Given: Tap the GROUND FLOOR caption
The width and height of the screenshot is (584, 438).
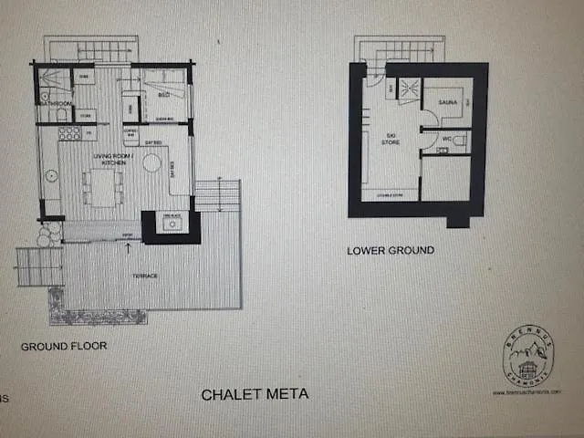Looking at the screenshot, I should click(64, 346).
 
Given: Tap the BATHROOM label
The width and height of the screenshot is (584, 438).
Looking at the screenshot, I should click(54, 104).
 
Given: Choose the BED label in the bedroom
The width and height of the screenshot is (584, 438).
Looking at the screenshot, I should click(164, 95).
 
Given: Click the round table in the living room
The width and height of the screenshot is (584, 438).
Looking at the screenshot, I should click(151, 164).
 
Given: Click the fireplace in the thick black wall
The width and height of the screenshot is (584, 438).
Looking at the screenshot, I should click(171, 224).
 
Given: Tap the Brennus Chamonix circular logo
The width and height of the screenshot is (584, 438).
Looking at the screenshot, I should click(527, 357).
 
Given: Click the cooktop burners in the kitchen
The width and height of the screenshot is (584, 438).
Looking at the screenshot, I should click(69, 133).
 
